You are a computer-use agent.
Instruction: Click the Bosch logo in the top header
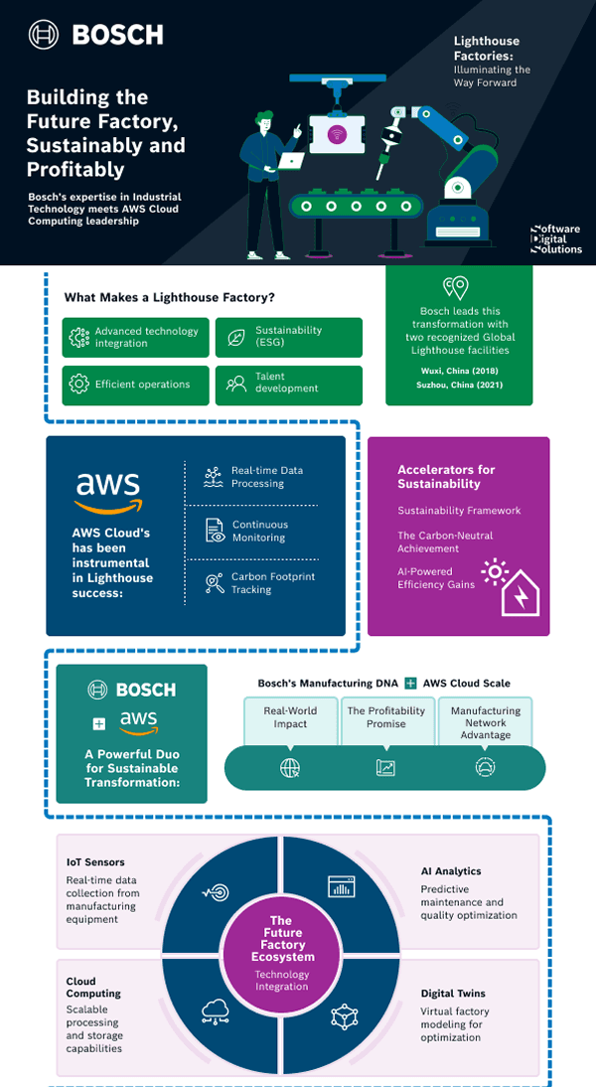click(95, 35)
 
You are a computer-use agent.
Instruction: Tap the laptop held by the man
click(291, 160)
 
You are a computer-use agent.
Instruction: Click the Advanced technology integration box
click(136, 337)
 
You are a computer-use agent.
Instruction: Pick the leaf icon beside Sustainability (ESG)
click(236, 337)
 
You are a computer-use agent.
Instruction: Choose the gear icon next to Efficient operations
click(78, 384)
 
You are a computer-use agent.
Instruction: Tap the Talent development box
click(288, 384)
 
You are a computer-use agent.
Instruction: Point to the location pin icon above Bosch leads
click(456, 288)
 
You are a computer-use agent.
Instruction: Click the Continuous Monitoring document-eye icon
click(215, 531)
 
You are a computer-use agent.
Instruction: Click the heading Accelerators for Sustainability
click(446, 477)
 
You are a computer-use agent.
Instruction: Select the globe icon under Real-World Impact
click(290, 767)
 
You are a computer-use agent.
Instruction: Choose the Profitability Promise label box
click(385, 717)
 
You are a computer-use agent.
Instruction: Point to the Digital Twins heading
click(453, 994)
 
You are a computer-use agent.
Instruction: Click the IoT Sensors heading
click(95, 862)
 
